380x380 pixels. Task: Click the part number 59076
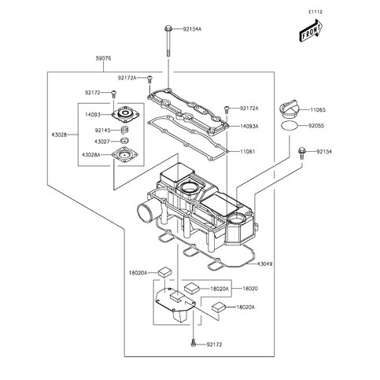(x=103, y=57)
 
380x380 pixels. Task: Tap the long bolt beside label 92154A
(x=168, y=43)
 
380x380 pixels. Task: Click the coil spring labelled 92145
(x=122, y=129)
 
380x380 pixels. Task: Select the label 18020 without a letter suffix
(x=250, y=289)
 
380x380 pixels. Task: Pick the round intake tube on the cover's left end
(x=146, y=213)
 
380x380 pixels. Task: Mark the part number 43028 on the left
(x=46, y=135)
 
